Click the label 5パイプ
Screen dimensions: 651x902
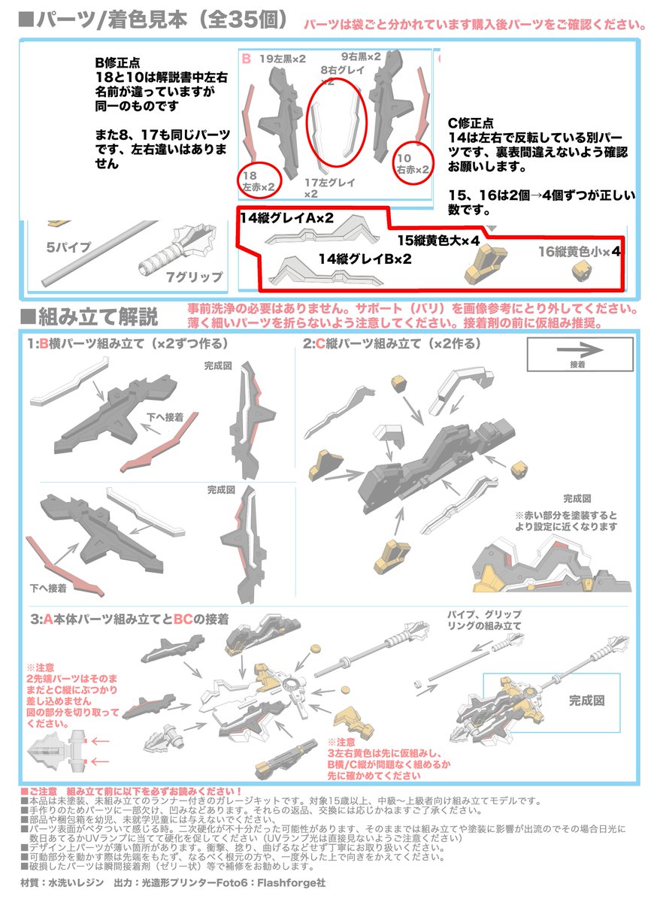68,247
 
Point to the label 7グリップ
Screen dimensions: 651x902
194,277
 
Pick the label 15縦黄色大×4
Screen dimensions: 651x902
438,241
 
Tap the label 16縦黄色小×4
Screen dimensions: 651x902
580,253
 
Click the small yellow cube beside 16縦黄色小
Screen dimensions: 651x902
580,270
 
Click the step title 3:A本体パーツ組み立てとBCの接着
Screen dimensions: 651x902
129,619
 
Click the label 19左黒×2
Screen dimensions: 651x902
283,58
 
